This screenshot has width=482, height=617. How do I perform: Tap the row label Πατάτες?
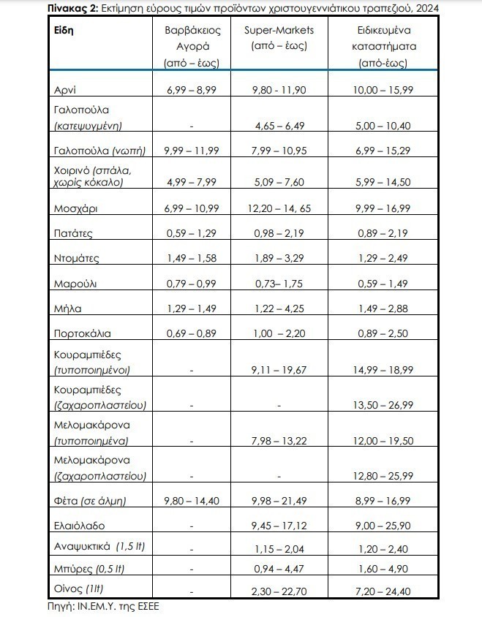coord(74,233)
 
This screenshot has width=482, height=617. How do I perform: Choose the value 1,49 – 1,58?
coord(190,258)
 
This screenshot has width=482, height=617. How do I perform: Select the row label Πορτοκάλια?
coord(82,333)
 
